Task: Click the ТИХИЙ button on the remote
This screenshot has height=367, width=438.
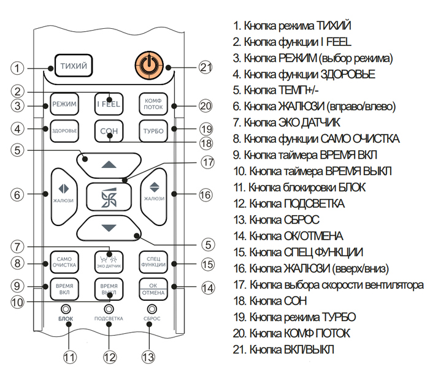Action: click(x=74, y=66)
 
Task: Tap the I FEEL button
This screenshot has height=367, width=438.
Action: click(x=109, y=104)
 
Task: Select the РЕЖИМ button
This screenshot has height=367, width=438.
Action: click(x=64, y=104)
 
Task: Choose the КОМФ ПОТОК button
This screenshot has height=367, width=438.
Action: click(x=153, y=104)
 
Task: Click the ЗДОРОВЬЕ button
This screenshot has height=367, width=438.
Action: click(x=64, y=131)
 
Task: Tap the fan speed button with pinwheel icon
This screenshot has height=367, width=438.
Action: click(x=109, y=197)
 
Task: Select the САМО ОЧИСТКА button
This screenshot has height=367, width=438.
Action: click(x=64, y=262)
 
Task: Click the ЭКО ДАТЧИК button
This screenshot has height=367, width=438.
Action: click(x=109, y=262)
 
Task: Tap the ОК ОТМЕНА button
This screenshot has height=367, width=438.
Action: click(x=153, y=289)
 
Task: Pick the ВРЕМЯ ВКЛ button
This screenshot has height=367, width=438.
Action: click(x=64, y=289)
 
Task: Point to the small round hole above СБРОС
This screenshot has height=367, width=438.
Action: click(x=152, y=309)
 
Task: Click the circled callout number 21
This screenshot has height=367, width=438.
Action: click(x=206, y=67)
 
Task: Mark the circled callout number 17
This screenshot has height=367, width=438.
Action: click(x=207, y=162)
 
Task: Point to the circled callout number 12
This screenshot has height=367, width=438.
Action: click(x=109, y=357)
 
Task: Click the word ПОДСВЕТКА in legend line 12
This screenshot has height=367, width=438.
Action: click(x=314, y=204)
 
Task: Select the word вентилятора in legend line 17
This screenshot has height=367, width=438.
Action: click(x=394, y=285)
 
